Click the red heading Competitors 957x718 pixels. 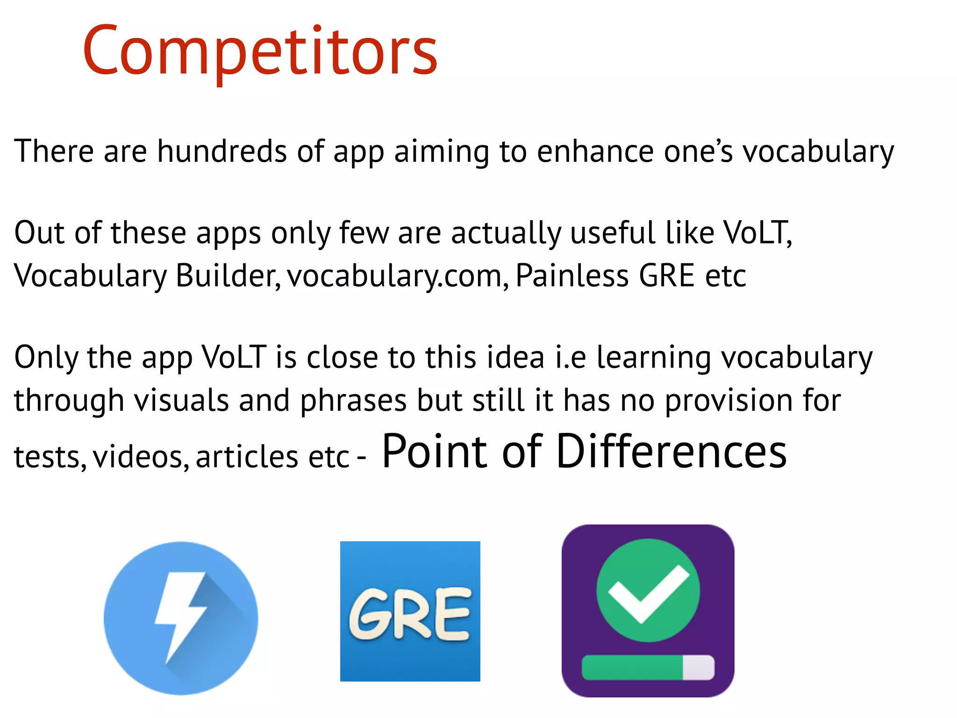260,50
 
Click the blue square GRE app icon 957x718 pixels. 410,611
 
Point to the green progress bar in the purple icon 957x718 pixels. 632,667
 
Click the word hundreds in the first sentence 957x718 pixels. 221,151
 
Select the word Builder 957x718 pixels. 228,275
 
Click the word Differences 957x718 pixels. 671,451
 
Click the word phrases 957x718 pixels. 353,401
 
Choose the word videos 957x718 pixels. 141,457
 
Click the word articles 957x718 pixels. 247,457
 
